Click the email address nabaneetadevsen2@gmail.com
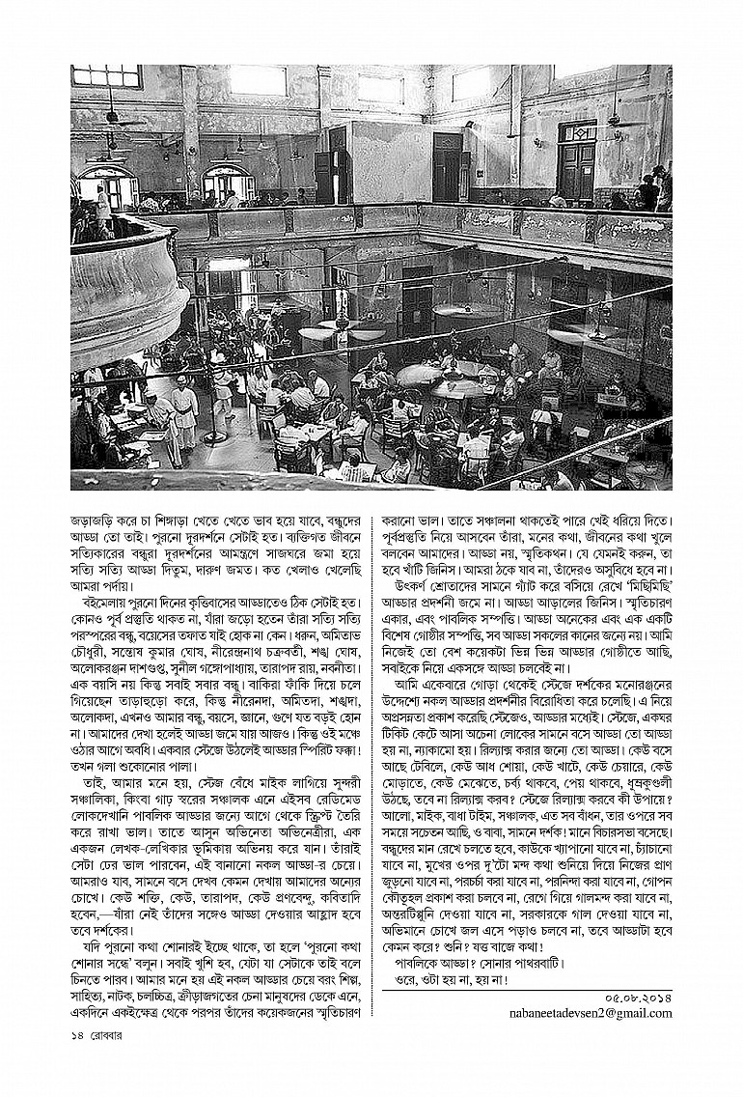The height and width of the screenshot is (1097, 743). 591,1013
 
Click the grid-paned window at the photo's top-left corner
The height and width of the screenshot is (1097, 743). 106,76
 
